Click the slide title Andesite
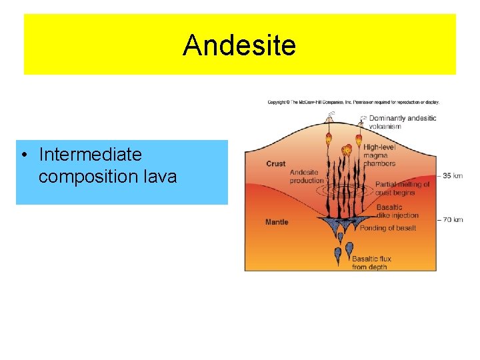pos(239,45)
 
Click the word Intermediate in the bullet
pos(90,155)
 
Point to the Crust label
pos(275,163)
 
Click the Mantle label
pos(277,222)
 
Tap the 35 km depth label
pos(451,176)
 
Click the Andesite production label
pos(307,177)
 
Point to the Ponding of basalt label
pos(387,228)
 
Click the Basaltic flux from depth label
pos(371,263)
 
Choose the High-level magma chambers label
pos(379,155)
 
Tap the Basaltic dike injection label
pos(397,211)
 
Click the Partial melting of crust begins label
pos(403,189)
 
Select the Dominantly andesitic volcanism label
pos(403,122)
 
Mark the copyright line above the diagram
pos(353,102)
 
